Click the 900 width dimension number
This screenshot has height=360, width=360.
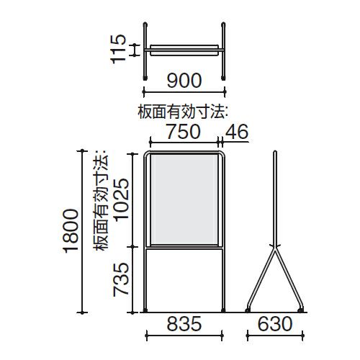(184, 80)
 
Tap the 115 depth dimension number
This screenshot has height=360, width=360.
(118, 49)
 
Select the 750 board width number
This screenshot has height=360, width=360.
(184, 132)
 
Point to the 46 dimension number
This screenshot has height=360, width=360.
(237, 132)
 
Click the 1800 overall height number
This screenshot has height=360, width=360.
(71, 230)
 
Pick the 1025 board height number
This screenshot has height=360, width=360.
(121, 199)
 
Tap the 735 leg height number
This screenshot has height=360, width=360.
(121, 279)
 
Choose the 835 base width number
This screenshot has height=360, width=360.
(184, 324)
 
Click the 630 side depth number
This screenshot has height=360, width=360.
(275, 324)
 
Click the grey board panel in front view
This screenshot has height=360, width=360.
(184, 199)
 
